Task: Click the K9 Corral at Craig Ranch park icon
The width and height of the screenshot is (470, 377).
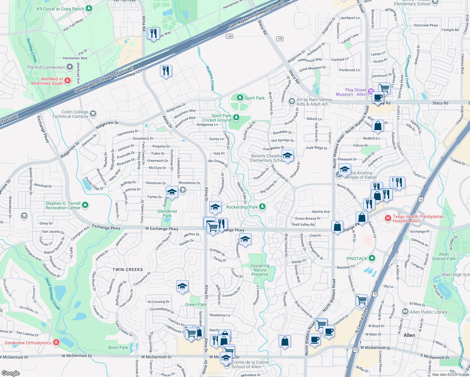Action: pos(89,8)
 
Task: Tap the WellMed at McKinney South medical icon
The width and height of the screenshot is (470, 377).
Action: pos(68,81)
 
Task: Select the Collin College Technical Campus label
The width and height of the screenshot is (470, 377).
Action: pos(70,114)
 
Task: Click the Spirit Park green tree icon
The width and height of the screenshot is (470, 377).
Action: pos(240,98)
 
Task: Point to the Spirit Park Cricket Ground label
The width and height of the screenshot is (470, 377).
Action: pos(217,118)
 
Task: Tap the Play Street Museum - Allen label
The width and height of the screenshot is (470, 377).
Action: pos(351,92)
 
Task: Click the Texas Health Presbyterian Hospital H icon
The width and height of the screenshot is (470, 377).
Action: pos(388,218)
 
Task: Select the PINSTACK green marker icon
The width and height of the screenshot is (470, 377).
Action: pos(372,258)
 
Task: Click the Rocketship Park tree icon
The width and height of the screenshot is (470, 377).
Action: pos(262,207)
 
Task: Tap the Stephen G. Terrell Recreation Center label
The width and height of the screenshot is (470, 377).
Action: pos(63,205)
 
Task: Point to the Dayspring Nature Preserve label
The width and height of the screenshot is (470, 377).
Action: pos(260,270)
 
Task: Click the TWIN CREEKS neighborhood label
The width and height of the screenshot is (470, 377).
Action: pos(128,270)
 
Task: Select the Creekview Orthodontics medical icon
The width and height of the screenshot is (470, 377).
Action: pos(56,342)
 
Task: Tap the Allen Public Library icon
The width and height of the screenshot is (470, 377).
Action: pos(405,312)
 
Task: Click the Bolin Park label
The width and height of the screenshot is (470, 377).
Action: pos(118,347)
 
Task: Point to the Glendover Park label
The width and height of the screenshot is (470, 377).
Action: pos(167,213)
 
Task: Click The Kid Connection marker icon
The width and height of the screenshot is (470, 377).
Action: pos(70,67)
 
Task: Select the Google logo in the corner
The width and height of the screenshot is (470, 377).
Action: pos(11,373)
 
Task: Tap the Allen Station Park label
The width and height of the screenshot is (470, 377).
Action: pos(444,256)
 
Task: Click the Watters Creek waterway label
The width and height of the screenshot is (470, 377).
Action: pos(210,78)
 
